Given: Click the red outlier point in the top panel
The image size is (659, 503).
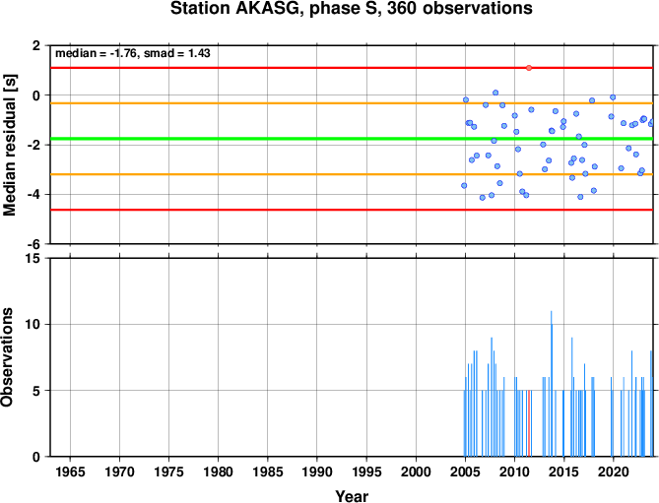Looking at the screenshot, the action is (x=529, y=68).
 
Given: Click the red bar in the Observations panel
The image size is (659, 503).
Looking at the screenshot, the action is (x=529, y=423).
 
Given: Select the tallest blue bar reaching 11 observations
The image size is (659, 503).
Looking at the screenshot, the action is (x=551, y=383).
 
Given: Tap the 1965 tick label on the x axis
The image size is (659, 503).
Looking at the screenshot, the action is (x=70, y=472).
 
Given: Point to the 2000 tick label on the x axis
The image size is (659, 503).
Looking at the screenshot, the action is (x=416, y=472).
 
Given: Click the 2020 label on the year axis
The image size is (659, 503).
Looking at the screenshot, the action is (x=614, y=472).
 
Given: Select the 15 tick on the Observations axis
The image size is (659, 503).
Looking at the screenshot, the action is (x=35, y=258).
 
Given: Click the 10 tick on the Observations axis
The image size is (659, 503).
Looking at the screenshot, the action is (x=35, y=324).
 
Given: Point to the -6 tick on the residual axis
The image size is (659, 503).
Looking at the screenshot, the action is (x=35, y=244).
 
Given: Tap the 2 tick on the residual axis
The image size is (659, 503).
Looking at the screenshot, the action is (x=38, y=45).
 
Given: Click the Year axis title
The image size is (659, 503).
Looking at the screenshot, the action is (x=352, y=496).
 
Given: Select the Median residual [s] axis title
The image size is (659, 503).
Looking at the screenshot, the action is (x=9, y=145).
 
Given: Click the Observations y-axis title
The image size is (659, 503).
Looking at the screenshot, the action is (x=7, y=357).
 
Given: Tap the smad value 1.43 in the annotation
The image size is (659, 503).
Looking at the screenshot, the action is (x=199, y=53).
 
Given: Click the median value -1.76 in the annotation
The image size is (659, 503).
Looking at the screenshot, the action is (x=123, y=53).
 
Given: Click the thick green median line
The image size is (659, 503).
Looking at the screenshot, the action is (x=352, y=139).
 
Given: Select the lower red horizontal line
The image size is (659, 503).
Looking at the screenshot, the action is (x=352, y=210).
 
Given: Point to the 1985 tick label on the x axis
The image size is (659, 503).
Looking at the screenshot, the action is (x=268, y=472).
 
